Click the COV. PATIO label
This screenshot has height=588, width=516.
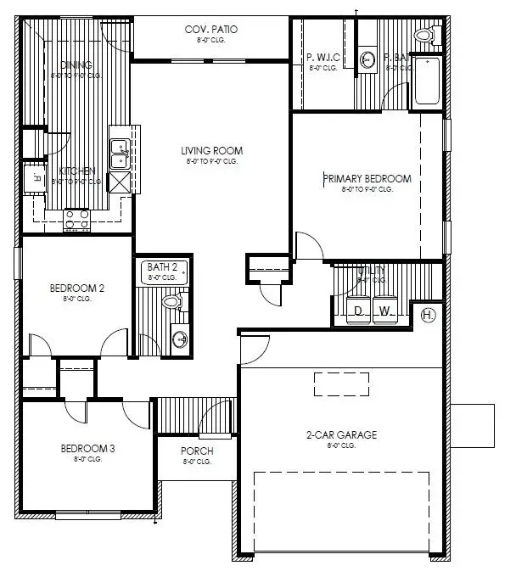pyautogui.click(x=211, y=29)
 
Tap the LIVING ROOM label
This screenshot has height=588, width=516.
pyautogui.click(x=211, y=152)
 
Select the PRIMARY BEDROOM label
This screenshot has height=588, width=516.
pyautogui.click(x=367, y=179)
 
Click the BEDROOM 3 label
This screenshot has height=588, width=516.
pyautogui.click(x=87, y=448)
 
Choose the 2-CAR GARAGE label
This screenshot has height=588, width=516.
pyautogui.click(x=342, y=435)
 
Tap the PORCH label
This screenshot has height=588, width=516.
pyautogui.click(x=197, y=451)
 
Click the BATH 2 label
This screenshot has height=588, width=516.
pyautogui.click(x=162, y=267)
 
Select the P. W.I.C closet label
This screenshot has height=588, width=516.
pyautogui.click(x=323, y=58)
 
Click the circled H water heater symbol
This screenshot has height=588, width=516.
pyautogui.click(x=429, y=316)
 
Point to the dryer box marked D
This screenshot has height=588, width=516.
pyautogui.click(x=359, y=311)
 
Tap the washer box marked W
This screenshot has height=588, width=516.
pyautogui.click(x=384, y=311)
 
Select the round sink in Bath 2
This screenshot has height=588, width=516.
pyautogui.click(x=179, y=339)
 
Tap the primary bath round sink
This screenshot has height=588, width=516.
pyautogui.click(x=368, y=59)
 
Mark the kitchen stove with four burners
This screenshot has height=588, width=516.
pyautogui.click(x=78, y=220)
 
